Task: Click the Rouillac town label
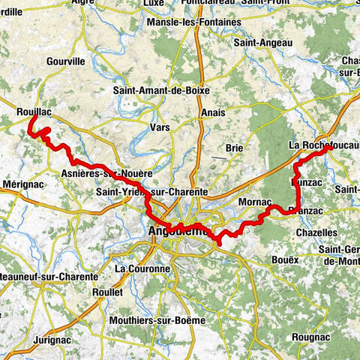[33, 112]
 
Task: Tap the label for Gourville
[66, 61]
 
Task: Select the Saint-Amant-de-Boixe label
[162, 91]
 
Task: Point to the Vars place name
[160, 127]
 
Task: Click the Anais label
[213, 112]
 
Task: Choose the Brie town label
[233, 148]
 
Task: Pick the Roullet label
[105, 292]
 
